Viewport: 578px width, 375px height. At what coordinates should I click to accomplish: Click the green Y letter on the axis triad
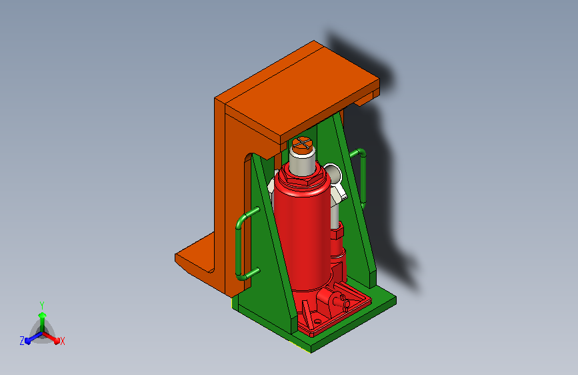42,306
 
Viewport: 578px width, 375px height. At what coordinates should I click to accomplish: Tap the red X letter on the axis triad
62,341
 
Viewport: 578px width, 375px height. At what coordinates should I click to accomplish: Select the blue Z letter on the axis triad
22,341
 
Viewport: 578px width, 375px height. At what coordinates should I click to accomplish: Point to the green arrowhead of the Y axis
43,315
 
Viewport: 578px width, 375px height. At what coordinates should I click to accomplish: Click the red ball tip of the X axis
57,341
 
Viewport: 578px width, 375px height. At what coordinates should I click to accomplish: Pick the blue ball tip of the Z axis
28,341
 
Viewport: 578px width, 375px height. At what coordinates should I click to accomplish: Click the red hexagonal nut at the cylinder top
303,179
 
